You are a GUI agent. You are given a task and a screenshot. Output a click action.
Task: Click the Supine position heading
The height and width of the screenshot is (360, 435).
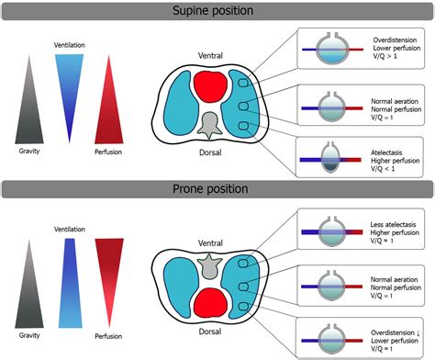click(217, 12)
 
